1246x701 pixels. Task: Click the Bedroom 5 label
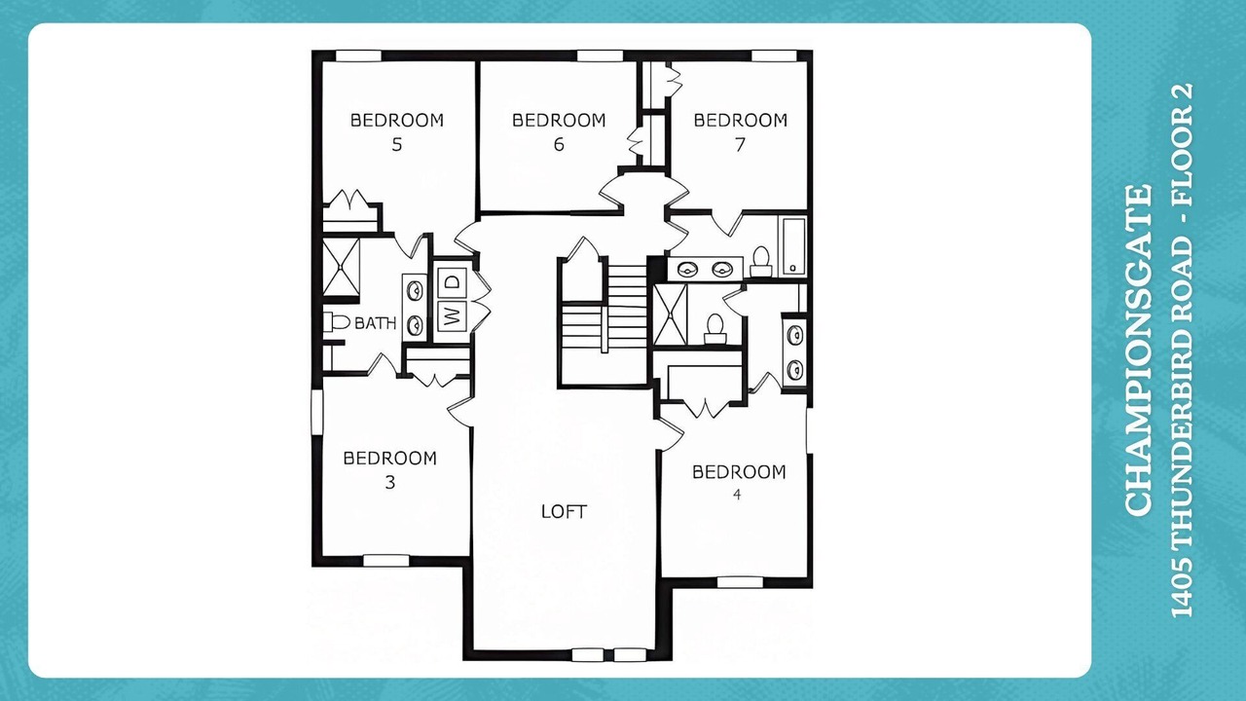click(396, 131)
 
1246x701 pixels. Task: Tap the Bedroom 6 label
click(559, 131)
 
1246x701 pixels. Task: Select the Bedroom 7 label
click(741, 131)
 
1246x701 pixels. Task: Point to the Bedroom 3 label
click(390, 470)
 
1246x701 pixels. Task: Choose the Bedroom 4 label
click(739, 482)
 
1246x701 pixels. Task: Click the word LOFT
click(564, 512)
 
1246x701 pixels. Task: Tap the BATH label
click(376, 322)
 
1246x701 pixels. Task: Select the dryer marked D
click(454, 281)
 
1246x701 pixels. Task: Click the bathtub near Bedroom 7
click(793, 246)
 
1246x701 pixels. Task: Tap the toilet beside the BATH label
click(337, 321)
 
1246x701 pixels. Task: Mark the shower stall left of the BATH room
click(342, 267)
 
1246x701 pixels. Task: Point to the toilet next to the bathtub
click(761, 262)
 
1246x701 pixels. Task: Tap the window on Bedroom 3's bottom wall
click(386, 560)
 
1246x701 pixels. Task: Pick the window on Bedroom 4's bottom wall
click(740, 582)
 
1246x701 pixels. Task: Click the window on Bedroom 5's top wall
click(359, 55)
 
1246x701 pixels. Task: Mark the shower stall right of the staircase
click(671, 314)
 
